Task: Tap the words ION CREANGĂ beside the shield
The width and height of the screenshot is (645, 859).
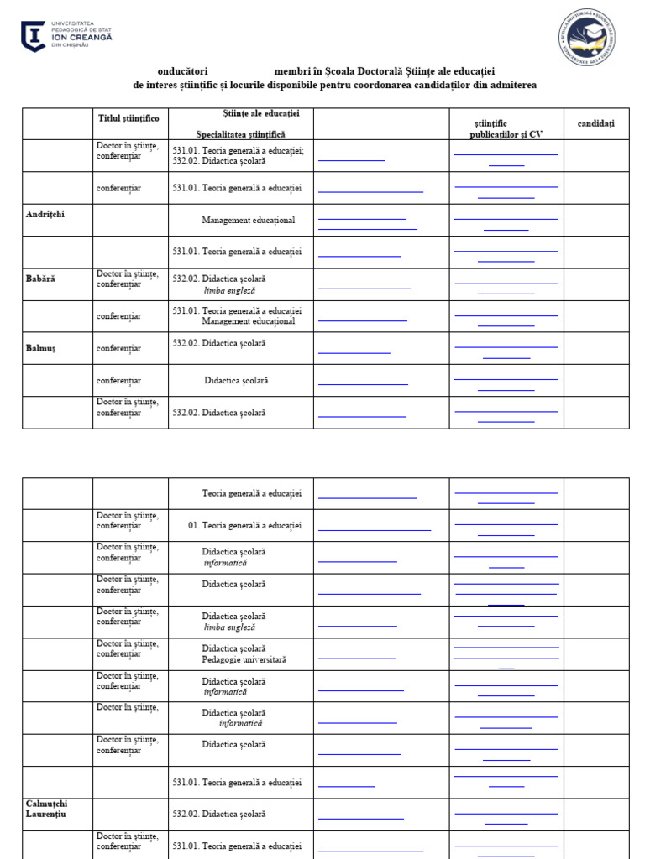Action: click(81, 37)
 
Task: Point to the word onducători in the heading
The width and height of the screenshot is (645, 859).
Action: click(182, 71)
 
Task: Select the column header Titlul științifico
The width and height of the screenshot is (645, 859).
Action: click(128, 118)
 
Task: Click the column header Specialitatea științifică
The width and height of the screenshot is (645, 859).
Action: click(241, 134)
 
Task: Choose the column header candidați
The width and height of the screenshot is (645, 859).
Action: click(595, 123)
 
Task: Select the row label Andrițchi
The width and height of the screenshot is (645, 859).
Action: click(45, 214)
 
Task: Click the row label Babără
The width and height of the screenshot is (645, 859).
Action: click(40, 278)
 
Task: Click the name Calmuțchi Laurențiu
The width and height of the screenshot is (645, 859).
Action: click(46, 809)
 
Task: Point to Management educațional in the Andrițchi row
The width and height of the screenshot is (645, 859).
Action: click(248, 221)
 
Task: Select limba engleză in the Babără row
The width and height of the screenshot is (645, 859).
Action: click(229, 291)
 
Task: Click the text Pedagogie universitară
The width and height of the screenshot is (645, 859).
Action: click(244, 660)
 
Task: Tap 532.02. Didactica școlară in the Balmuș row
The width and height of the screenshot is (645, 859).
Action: click(219, 343)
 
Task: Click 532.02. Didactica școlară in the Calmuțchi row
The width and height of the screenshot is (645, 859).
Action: click(219, 814)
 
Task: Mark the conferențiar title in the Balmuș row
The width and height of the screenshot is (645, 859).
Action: click(118, 348)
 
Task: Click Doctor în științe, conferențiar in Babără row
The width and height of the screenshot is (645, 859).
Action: click(127, 279)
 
